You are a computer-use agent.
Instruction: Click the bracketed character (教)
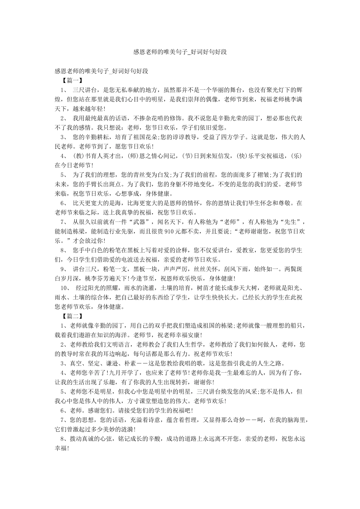77,156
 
